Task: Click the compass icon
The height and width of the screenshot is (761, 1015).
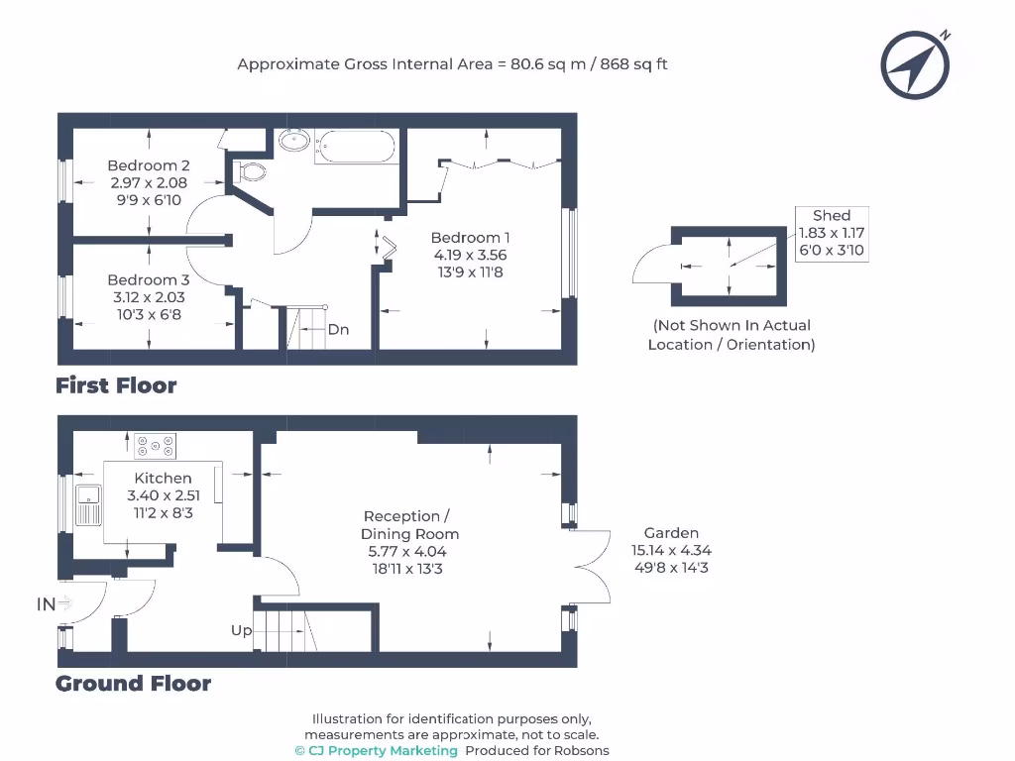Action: (915, 64)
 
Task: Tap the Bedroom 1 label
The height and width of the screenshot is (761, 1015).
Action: (470, 238)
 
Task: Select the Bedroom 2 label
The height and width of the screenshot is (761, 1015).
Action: (149, 165)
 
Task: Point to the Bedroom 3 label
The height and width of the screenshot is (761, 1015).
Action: (149, 280)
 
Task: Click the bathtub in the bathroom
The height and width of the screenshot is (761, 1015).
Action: (357, 147)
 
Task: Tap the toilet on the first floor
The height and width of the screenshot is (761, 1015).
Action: (249, 172)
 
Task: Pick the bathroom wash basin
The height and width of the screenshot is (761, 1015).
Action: (294, 140)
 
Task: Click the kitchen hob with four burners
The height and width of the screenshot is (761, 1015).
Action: (156, 446)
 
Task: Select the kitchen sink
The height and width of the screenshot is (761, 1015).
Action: (88, 504)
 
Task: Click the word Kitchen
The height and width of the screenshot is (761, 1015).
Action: (164, 479)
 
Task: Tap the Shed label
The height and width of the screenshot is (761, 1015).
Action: (832, 215)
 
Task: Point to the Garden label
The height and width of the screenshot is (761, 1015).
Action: (671, 533)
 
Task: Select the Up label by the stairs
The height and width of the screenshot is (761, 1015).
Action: (242, 630)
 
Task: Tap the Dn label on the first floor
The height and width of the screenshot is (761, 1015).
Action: (339, 329)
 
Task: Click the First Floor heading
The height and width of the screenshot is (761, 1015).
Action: (116, 385)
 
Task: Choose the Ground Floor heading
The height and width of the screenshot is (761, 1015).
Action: (134, 684)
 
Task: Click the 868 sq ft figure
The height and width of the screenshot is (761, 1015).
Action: (633, 64)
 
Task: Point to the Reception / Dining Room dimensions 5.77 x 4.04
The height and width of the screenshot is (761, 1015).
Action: (407, 552)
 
